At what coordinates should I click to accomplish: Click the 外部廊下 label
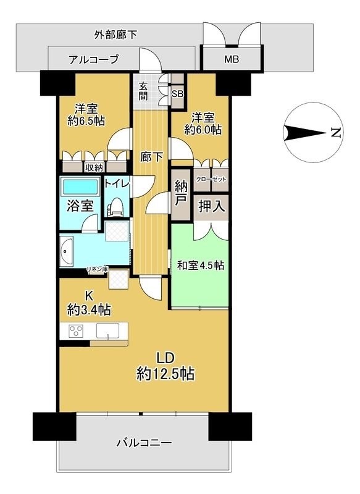coord(115,35)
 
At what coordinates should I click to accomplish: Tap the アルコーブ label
coord(93,60)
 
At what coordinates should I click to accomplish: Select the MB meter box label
coord(232,60)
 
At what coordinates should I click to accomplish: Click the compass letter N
coord(335,132)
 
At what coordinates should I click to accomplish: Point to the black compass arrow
coord(303,132)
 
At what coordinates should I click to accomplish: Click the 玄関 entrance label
coord(143,91)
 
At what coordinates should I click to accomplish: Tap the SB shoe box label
coord(177,94)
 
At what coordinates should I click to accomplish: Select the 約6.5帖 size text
coord(84,120)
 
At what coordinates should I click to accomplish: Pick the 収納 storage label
coord(94,167)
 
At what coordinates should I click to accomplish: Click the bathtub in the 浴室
coord(80,186)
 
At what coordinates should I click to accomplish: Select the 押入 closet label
coord(211,207)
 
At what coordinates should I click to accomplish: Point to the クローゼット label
coord(211,178)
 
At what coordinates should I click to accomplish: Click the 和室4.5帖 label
coord(201,266)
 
